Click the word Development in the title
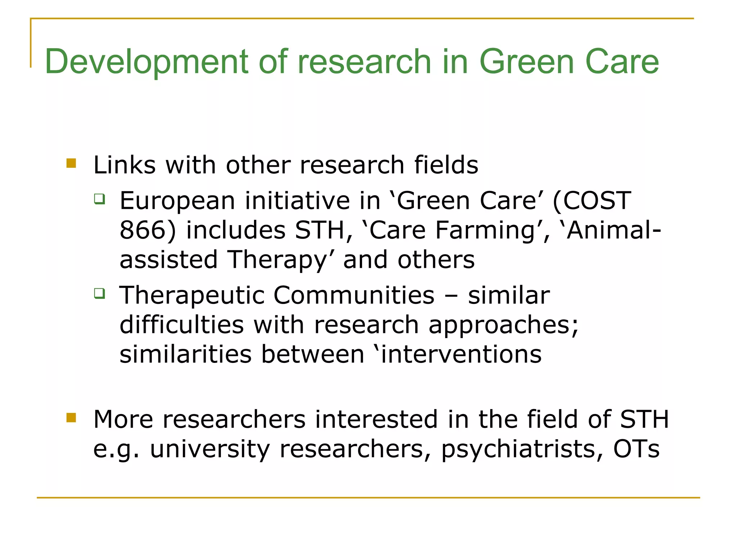click(146, 62)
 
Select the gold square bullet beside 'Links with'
click(71, 163)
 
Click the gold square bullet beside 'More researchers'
click(71, 418)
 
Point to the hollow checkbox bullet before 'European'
click(99, 199)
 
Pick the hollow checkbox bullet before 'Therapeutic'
click(99, 293)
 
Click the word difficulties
click(182, 325)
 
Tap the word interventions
click(461, 354)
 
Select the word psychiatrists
click(518, 449)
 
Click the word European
click(177, 201)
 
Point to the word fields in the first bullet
click(446, 165)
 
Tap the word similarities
click(185, 354)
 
